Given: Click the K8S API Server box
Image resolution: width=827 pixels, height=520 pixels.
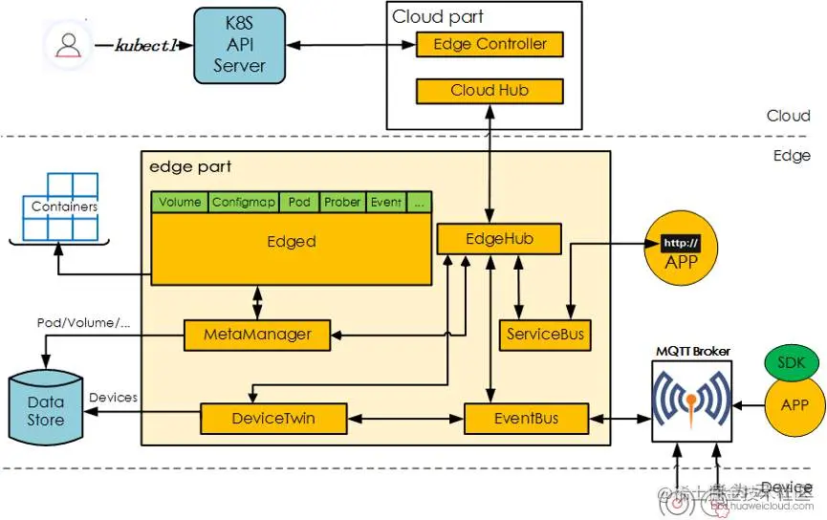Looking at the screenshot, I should click(239, 45).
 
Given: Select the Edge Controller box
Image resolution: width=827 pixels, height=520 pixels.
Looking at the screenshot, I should click(490, 44).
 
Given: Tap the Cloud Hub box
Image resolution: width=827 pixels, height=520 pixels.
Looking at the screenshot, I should click(490, 91).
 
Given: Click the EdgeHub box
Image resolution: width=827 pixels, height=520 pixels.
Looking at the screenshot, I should click(498, 239).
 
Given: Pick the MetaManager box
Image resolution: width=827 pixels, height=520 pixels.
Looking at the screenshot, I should click(257, 335).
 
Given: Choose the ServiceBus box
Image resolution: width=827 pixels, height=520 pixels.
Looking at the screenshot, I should click(544, 335).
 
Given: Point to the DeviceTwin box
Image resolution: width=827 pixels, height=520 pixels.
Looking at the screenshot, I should click(272, 418).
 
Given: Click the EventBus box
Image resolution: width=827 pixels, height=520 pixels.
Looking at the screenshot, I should click(524, 418).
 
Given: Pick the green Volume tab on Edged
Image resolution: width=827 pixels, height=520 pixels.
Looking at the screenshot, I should click(180, 203).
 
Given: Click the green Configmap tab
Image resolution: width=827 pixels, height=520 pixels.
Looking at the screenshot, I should click(244, 203).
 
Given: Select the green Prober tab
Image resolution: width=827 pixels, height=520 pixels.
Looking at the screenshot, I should click(342, 203).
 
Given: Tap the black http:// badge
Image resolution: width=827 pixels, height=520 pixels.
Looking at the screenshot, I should click(681, 243).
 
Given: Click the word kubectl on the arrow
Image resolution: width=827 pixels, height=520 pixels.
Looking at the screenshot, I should click(145, 45).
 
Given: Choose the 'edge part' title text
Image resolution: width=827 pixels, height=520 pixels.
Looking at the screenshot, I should click(190, 166).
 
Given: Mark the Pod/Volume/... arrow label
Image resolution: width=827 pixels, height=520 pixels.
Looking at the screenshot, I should click(82, 322).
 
